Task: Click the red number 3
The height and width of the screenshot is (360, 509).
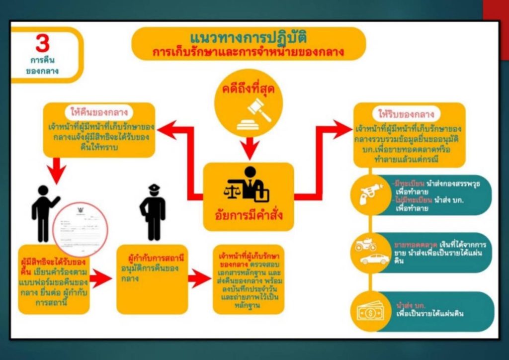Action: coord(43,44)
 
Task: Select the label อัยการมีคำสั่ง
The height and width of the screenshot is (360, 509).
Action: coord(249,217)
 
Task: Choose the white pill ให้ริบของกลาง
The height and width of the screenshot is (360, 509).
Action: coord(409,113)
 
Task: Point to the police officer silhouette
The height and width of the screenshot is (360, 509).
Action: coord(153,212)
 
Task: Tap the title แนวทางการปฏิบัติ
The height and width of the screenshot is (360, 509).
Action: coord(249,38)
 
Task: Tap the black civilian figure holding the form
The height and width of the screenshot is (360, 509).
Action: coord(43,214)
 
